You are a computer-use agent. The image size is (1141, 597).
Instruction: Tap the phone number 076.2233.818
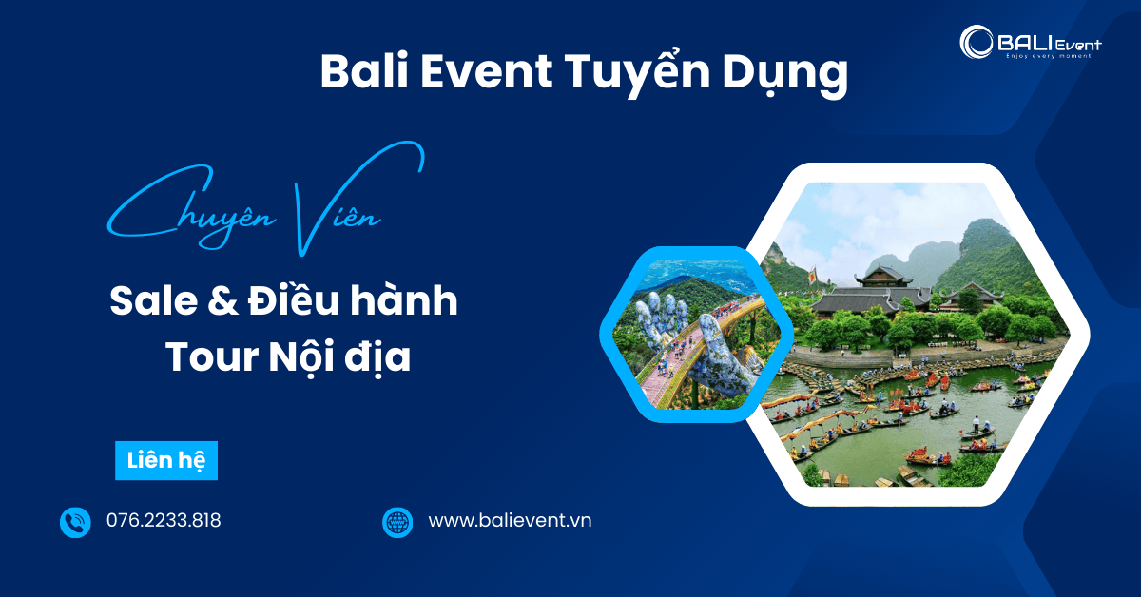[164, 521]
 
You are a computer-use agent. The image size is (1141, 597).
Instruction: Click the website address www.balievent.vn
[510, 521]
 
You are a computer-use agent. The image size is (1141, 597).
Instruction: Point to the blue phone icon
[75, 522]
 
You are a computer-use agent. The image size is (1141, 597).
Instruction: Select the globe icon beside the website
[397, 522]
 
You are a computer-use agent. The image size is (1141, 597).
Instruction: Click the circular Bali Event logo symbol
[977, 42]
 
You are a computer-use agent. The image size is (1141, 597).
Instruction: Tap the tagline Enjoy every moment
[1048, 56]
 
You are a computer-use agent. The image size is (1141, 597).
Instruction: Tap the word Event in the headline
[484, 72]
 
